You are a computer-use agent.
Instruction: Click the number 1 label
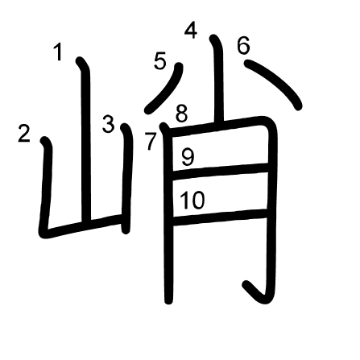[58, 52]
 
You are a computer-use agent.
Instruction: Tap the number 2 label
[23, 134]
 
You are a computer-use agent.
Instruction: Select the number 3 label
[109, 124]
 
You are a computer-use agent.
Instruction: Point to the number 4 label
[191, 31]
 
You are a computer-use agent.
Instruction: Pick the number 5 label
[160, 61]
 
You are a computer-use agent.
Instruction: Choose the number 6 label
[244, 45]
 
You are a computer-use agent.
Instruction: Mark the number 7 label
[151, 141]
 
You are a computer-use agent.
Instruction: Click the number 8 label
[182, 114]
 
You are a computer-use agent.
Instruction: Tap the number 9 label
[188, 157]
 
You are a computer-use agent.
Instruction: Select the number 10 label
[192, 200]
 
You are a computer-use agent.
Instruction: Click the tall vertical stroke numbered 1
[85, 139]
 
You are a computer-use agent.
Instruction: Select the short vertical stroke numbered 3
[126, 177]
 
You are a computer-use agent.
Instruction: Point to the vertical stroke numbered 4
[218, 81]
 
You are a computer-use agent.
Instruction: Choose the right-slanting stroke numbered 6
[274, 82]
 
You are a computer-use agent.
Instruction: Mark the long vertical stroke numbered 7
[168, 215]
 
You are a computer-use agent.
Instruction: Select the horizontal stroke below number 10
[220, 217]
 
